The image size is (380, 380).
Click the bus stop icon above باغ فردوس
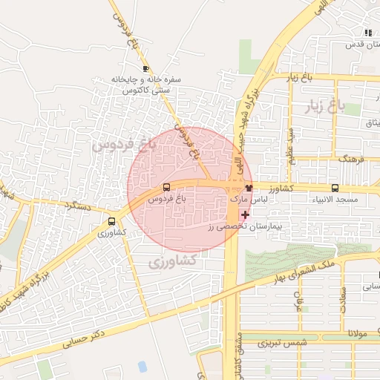tap(166, 188)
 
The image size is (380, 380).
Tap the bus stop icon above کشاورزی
tap(111, 221)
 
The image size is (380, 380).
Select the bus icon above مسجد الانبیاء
tap(335, 188)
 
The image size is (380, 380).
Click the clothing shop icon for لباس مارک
tap(249, 188)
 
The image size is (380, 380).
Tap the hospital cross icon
tap(245, 214)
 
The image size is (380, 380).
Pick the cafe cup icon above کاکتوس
tap(145, 68)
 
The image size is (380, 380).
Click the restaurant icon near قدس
tap(368, 33)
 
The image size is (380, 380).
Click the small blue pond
tap(142, 366)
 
